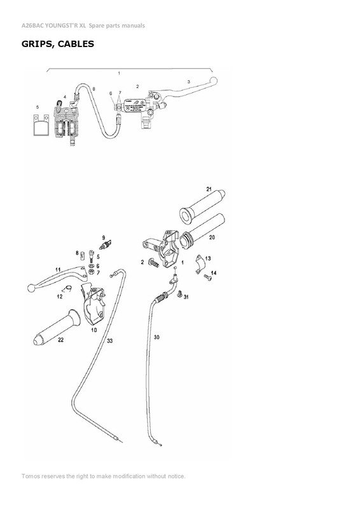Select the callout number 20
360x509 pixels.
pyautogui.click(x=212, y=237)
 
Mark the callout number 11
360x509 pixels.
pyautogui.click(x=57, y=270)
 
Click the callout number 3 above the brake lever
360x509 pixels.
pyautogui.click(x=188, y=81)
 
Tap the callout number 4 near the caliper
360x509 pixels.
pyautogui.click(x=65, y=97)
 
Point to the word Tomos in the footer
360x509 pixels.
pyautogui.click(x=32, y=476)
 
